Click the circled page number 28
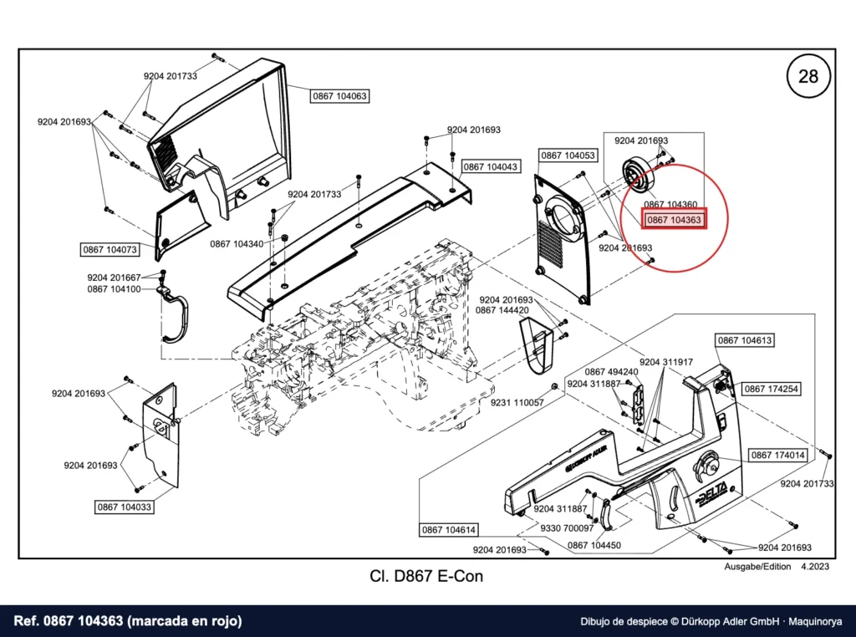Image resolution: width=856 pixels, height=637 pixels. click(808, 76)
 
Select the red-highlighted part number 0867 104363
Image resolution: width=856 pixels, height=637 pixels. click(674, 220)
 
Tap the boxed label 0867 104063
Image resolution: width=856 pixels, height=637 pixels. click(339, 96)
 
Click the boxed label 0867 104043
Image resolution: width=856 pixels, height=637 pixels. click(490, 166)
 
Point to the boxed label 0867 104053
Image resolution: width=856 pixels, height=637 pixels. click(568, 155)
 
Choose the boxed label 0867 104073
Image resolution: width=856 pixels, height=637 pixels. click(110, 249)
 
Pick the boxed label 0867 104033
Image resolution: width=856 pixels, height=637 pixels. click(125, 507)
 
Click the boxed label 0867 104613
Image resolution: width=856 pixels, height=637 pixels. click(745, 340)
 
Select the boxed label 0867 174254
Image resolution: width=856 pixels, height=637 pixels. click(771, 390)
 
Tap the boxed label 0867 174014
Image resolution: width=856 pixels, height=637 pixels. click(778, 456)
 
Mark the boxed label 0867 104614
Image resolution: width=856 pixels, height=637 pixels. click(449, 529)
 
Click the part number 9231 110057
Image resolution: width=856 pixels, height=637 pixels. click(517, 402)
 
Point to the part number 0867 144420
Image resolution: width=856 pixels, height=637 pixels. click(502, 310)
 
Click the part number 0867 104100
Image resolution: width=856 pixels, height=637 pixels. click(114, 288)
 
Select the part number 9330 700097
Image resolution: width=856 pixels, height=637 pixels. click(567, 527)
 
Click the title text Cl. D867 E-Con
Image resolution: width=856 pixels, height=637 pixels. click(426, 576)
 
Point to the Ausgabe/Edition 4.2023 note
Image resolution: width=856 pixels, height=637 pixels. click(777, 567)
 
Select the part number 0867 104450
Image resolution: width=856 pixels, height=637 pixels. click(594, 545)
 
